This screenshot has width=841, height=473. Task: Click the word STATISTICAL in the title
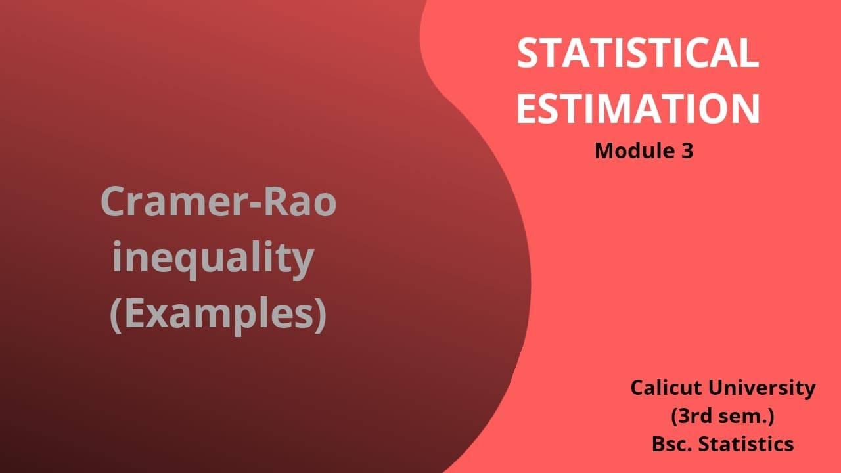point(637,53)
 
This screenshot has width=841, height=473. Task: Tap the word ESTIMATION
point(637,109)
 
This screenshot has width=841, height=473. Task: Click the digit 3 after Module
point(687,151)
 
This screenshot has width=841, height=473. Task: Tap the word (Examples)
point(217,315)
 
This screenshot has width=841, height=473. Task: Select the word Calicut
point(666,388)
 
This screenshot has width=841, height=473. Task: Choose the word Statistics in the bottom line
point(745,444)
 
